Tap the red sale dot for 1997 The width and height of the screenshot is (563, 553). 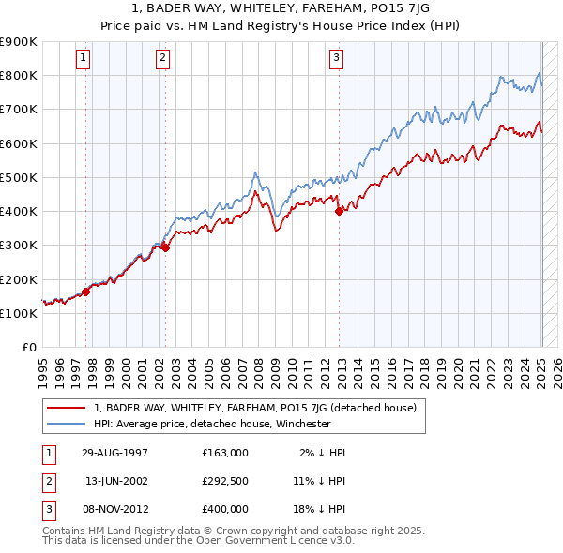click(x=85, y=291)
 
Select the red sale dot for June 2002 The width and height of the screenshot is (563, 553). click(x=165, y=247)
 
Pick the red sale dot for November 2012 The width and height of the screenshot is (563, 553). click(x=339, y=211)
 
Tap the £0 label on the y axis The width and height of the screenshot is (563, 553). click(x=28, y=347)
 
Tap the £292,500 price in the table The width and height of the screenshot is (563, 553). click(x=225, y=481)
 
